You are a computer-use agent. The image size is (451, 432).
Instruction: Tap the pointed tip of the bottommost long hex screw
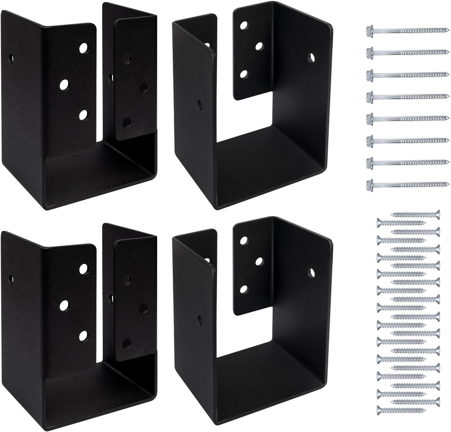coord(447,184)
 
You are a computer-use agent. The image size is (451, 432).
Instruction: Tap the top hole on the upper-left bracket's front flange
coord(84,48)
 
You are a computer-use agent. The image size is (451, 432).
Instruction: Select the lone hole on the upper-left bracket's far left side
coord(11,59)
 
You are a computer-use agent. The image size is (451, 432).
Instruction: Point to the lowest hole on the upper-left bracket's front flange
coord(83,115)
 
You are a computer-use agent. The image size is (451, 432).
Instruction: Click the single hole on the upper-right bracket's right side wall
coord(311,57)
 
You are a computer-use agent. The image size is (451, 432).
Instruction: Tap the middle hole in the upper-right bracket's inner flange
coord(259,46)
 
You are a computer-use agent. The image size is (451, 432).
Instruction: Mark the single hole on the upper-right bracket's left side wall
coord(200,105)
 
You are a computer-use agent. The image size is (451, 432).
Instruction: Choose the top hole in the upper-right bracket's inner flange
coord(244,25)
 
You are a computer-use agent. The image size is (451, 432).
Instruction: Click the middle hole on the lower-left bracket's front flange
coord(64,304)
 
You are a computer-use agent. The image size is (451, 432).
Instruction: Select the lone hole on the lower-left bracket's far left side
coord(11,279)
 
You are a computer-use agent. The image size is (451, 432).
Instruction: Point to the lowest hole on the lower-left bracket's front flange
coord(83,336)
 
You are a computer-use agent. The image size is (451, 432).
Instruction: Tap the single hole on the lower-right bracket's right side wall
coord(311,273)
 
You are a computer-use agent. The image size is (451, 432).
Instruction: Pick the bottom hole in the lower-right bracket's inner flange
coord(243,289)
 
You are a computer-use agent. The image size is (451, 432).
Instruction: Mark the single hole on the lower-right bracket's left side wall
coord(200,320)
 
